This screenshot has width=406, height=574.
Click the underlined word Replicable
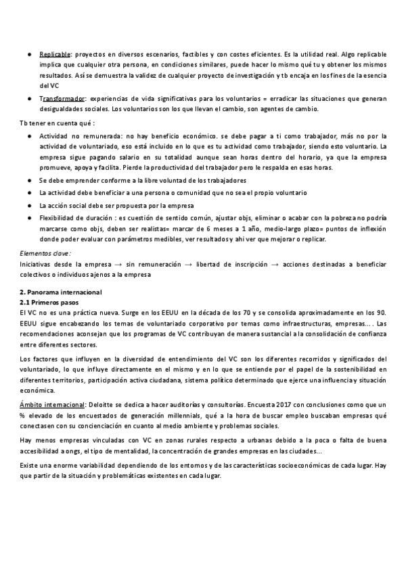[x=55, y=53]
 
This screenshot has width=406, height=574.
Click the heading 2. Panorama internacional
[x=61, y=292]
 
